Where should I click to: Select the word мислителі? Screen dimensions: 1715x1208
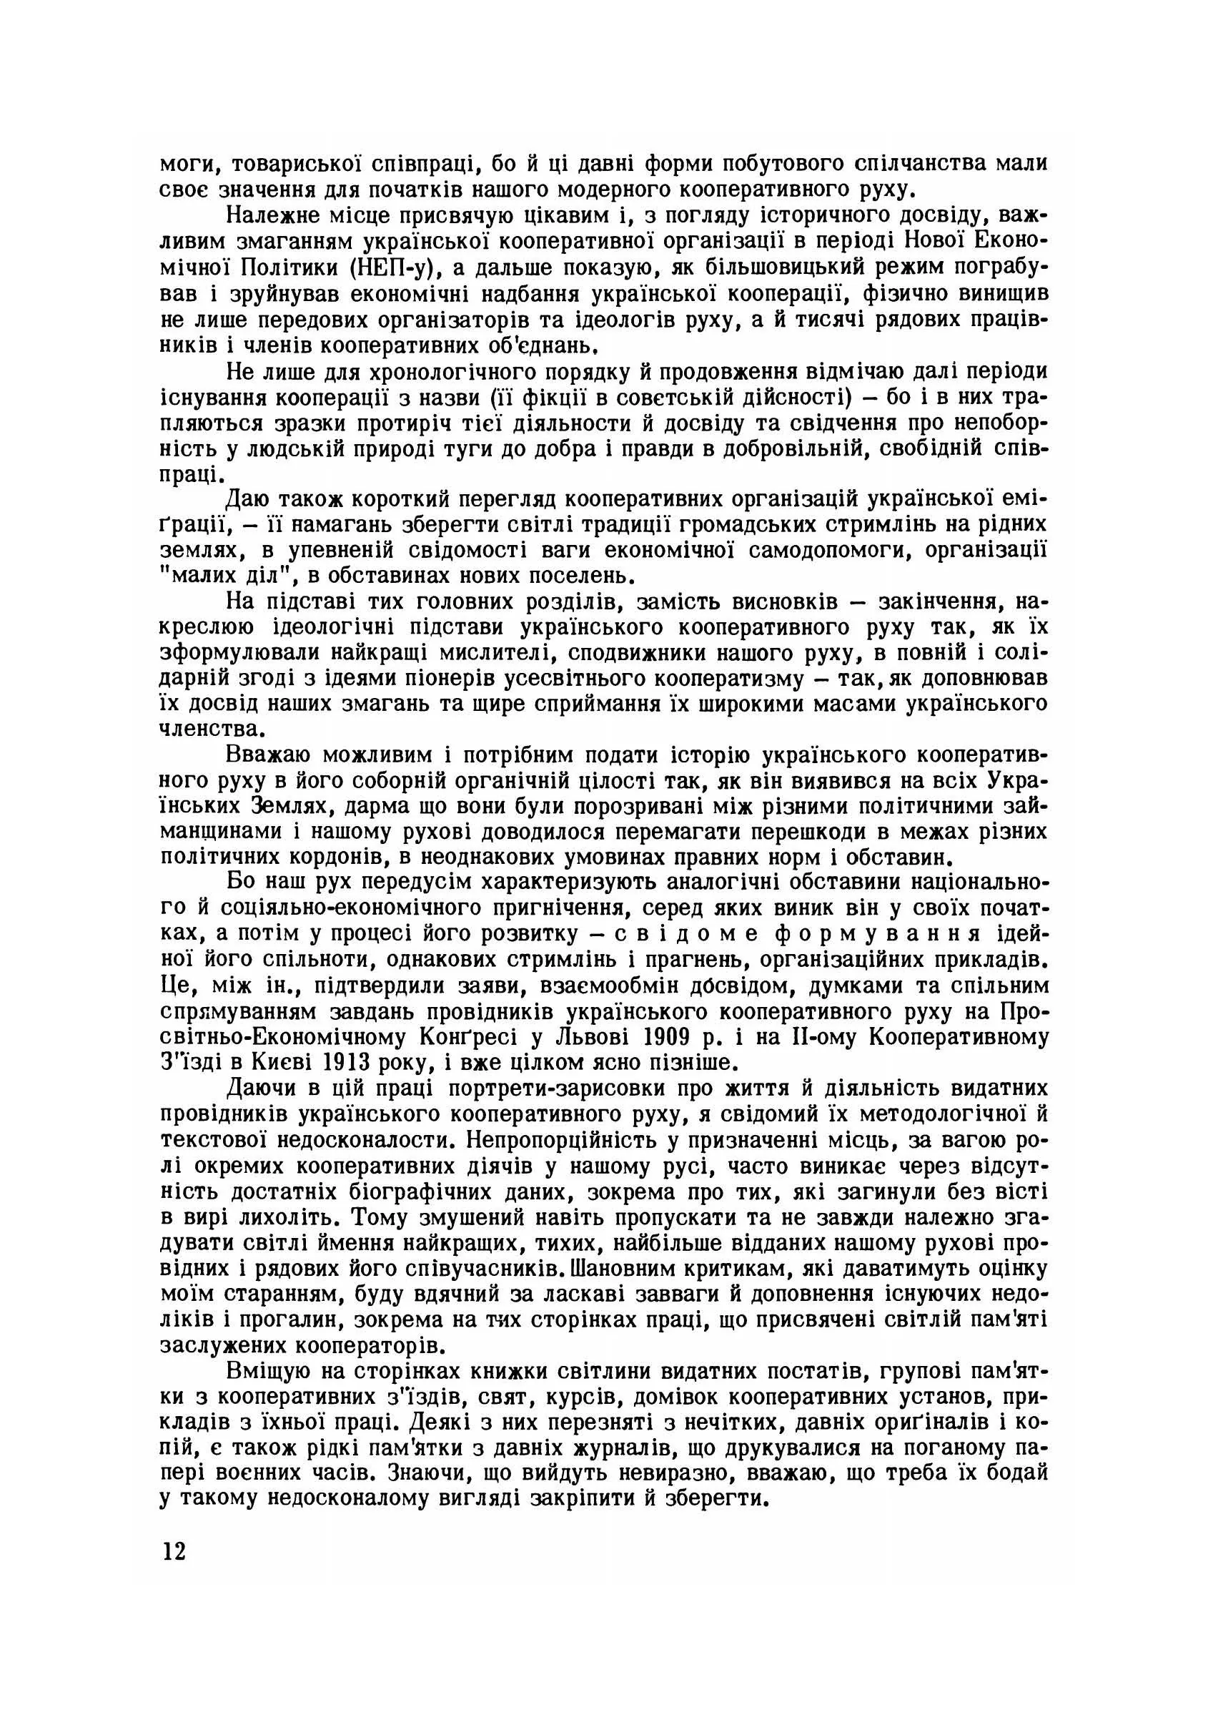[x=490, y=654]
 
